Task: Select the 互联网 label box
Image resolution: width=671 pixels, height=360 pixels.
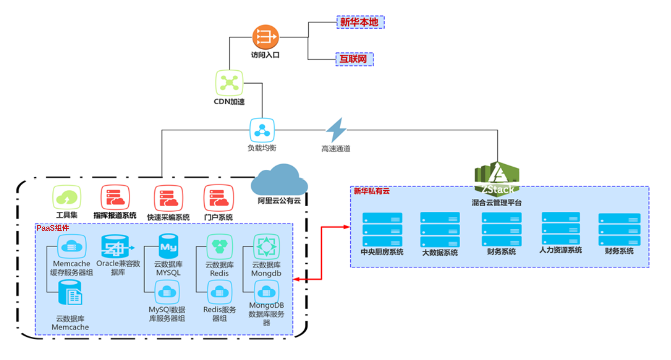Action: tap(354, 59)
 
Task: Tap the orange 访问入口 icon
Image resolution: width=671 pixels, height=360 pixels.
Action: tap(265, 36)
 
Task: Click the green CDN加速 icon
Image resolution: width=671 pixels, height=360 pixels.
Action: tap(229, 82)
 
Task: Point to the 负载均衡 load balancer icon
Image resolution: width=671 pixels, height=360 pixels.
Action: tap(262, 130)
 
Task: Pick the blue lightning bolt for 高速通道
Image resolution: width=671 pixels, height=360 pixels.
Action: tap(337, 130)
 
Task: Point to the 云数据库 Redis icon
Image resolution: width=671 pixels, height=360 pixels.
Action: tap(219, 247)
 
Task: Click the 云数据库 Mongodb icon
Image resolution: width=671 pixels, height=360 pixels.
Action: tap(266, 247)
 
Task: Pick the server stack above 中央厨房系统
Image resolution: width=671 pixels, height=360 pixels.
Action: tap(382, 229)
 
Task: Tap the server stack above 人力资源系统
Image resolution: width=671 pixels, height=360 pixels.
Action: tap(561, 228)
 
